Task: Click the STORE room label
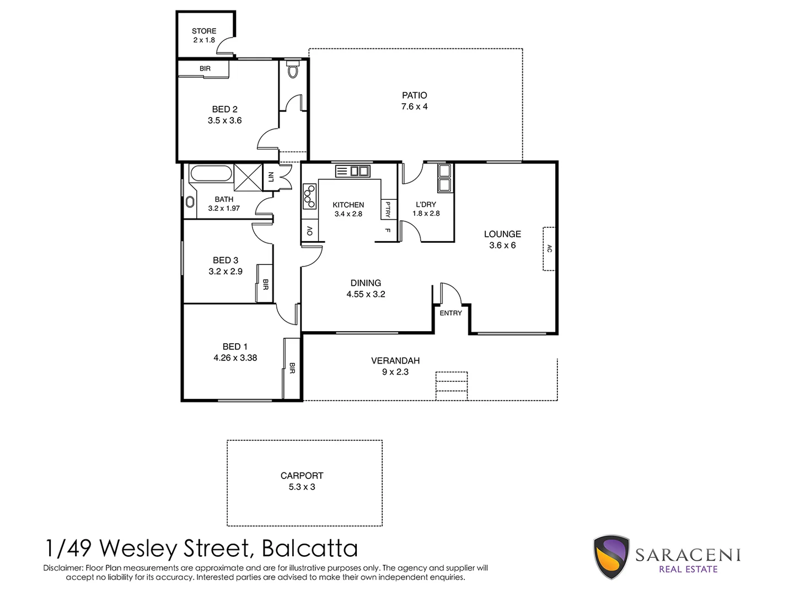203,31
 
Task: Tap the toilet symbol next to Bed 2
293,71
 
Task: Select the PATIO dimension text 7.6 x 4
414,107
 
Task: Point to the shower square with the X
248,177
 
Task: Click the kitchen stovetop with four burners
310,196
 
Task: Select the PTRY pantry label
389,209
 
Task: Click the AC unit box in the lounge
549,248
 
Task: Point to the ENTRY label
450,313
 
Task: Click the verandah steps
452,386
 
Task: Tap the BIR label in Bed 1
292,368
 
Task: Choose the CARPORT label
302,475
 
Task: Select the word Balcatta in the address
310,549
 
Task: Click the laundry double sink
444,177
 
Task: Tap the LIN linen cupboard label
270,177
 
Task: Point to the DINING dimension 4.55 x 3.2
366,294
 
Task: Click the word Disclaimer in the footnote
63,568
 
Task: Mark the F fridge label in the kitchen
388,231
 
